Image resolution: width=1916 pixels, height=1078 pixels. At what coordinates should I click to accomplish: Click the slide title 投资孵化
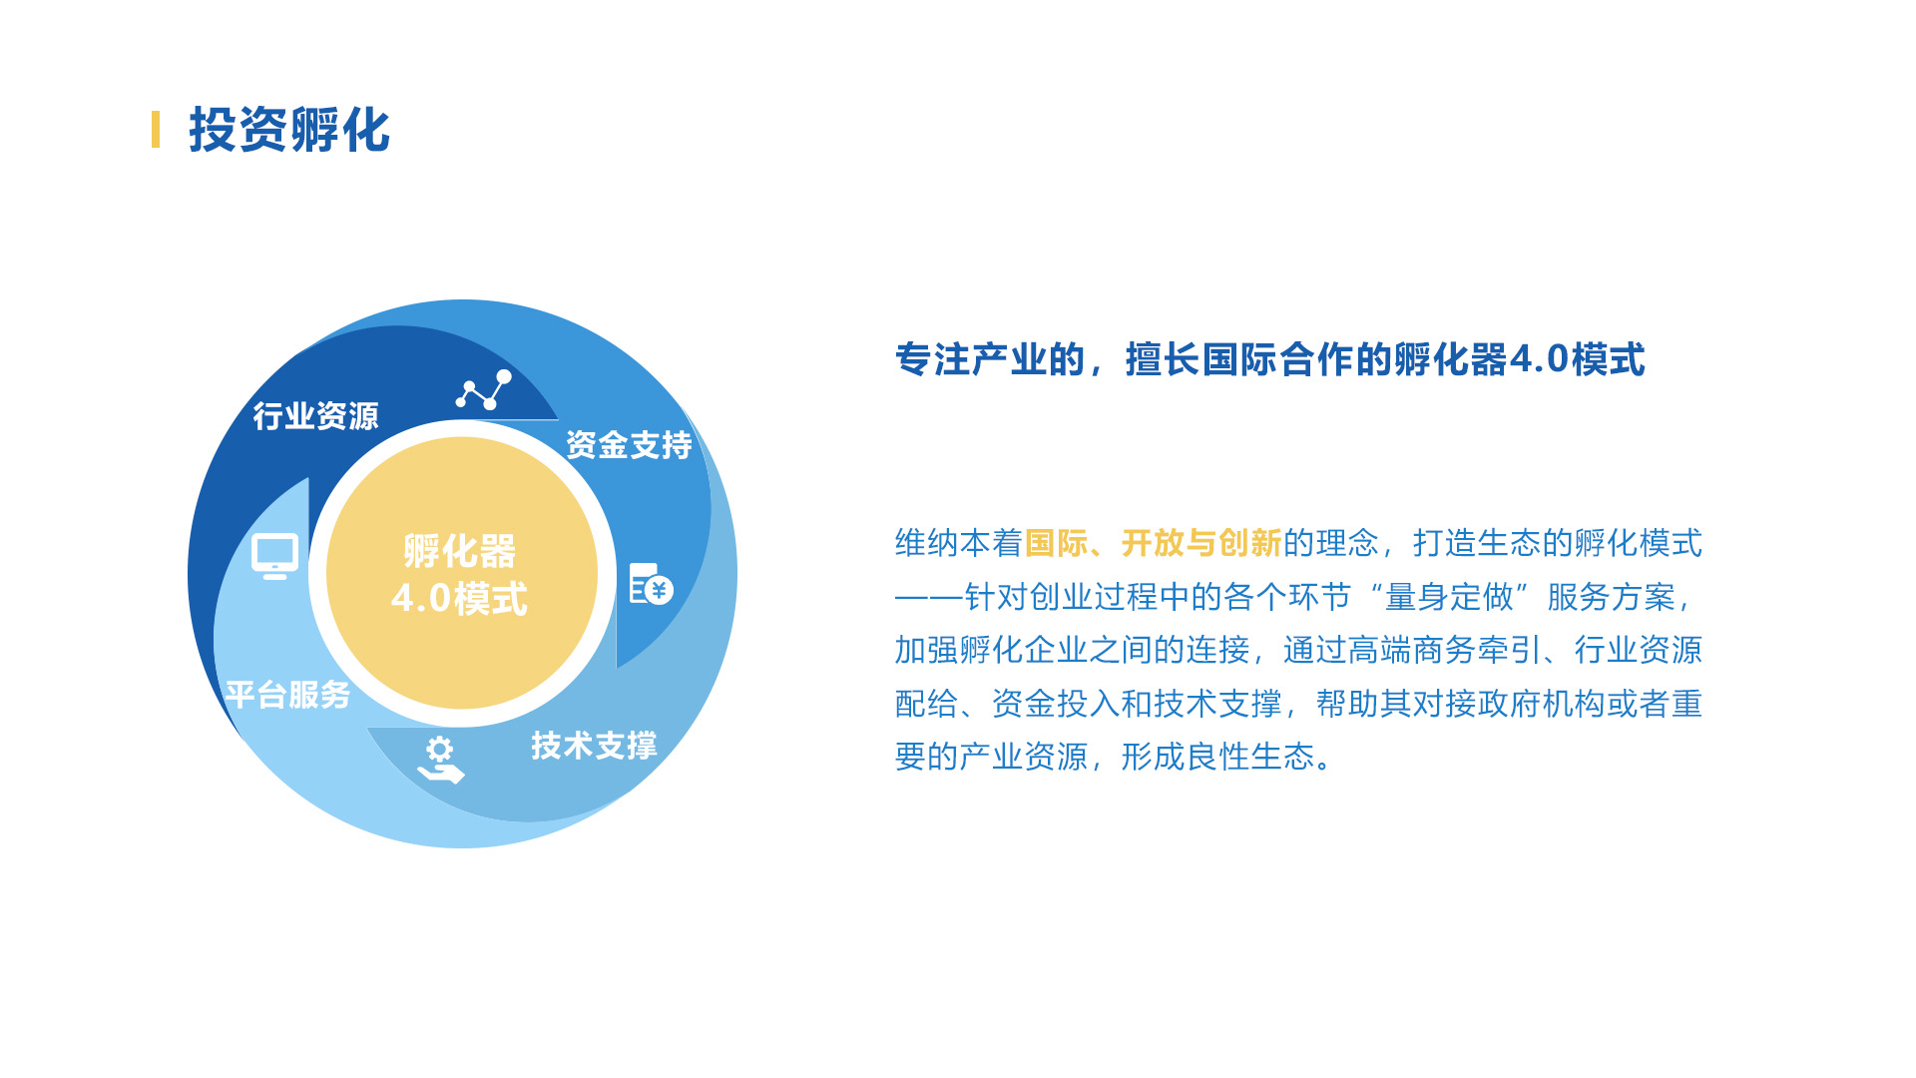tap(289, 130)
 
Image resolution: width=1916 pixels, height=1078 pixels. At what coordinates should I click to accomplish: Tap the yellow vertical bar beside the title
tap(156, 130)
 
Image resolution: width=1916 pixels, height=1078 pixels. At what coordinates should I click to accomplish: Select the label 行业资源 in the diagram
tap(315, 415)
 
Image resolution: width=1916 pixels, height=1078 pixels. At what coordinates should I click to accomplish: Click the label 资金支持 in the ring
tap(629, 444)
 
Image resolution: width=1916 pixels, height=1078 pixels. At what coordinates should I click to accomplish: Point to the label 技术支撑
tap(594, 745)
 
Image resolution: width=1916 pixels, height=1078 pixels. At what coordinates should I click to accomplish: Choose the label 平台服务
tap(287, 695)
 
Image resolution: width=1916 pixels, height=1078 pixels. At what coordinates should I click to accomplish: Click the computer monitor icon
tap(274, 556)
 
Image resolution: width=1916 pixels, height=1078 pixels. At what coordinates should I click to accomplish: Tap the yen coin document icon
tap(651, 584)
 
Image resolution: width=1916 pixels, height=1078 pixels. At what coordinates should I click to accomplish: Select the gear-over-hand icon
tap(440, 760)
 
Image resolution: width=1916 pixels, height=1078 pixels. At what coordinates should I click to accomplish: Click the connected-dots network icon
tap(484, 389)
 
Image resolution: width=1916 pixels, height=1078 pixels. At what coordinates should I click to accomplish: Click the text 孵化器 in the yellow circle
tap(460, 550)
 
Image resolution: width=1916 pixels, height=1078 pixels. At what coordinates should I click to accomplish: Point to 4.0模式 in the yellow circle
tap(459, 598)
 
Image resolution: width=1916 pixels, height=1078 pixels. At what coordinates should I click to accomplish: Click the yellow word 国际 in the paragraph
tap(1056, 543)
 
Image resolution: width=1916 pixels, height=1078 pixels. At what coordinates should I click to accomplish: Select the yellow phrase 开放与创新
tap(1201, 543)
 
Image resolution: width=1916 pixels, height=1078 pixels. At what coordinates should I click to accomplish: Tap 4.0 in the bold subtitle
tap(1540, 359)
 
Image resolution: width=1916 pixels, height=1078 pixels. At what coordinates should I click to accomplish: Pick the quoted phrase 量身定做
tap(1450, 597)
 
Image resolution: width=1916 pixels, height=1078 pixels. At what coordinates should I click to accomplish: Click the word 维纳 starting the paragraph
tap(927, 543)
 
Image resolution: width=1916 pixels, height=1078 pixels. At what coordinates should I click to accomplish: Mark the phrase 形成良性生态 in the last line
tap(1217, 757)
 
